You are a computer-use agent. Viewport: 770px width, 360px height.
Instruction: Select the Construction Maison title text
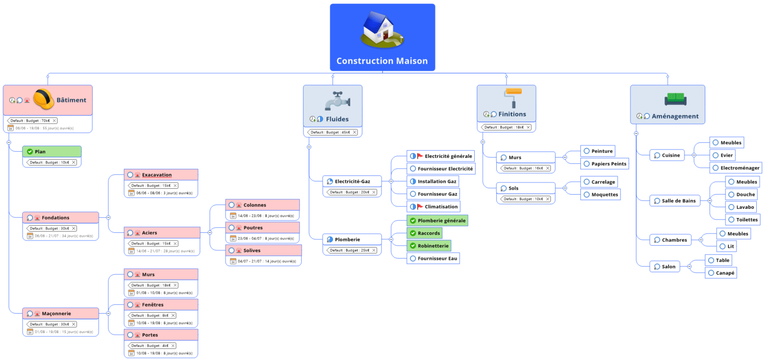(x=382, y=61)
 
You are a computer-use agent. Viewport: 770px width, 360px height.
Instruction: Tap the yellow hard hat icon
(x=44, y=99)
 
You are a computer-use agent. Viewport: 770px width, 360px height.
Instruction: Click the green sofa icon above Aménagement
(x=675, y=99)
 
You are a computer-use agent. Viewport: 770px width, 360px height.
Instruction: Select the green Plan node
(x=51, y=152)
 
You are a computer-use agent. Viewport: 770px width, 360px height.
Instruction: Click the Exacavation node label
(x=157, y=175)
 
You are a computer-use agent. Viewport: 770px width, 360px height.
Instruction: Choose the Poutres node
(x=253, y=228)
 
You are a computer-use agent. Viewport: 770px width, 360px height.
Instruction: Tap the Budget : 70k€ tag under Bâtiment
(x=32, y=121)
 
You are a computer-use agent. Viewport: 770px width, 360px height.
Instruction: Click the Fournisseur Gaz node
(x=437, y=194)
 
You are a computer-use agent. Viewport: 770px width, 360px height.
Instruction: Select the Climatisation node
(x=441, y=207)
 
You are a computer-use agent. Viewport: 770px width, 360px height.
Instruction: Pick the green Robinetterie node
(x=433, y=246)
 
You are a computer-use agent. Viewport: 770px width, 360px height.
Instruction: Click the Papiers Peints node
(x=608, y=164)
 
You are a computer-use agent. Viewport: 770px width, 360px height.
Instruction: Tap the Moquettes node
(x=604, y=195)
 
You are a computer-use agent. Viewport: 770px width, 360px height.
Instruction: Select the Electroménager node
(x=739, y=168)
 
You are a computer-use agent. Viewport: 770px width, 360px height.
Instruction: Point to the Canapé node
(x=725, y=273)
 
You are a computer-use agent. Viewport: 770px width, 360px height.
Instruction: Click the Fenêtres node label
(x=152, y=305)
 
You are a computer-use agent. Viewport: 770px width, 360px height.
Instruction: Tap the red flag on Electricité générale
(x=420, y=156)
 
